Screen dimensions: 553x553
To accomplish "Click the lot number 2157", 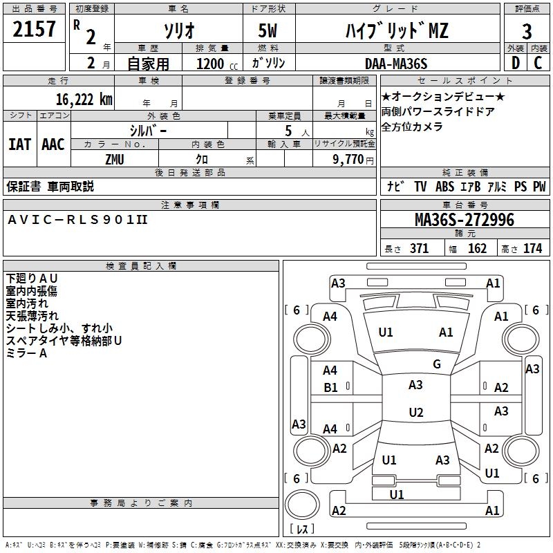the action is click(x=35, y=30).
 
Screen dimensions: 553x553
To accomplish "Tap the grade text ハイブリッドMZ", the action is click(x=396, y=30).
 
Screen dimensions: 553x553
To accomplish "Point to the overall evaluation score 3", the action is click(x=527, y=32).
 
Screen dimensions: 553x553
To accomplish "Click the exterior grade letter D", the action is click(x=515, y=63).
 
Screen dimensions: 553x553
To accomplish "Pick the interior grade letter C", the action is click(x=538, y=63).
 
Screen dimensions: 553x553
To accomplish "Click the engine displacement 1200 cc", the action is click(x=214, y=64).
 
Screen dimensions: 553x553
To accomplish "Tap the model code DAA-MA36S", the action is click(x=396, y=64).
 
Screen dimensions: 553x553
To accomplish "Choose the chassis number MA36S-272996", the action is click(x=464, y=220).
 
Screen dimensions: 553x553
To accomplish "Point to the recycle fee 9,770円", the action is click(x=353, y=159).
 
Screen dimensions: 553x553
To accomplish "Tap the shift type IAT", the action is click(x=20, y=144).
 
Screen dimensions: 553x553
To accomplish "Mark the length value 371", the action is click(x=419, y=248).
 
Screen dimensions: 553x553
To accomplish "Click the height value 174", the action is click(x=532, y=248).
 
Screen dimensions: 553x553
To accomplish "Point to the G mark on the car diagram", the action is click(x=437, y=364).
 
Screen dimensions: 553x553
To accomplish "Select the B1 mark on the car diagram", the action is click(x=331, y=388).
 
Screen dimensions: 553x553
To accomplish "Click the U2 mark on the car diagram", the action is click(x=415, y=413).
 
